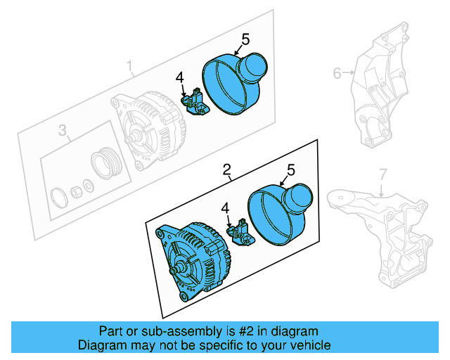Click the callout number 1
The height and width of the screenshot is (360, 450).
(x=130, y=67)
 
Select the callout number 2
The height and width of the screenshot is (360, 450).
(x=227, y=169)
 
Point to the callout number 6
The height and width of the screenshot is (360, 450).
(x=337, y=72)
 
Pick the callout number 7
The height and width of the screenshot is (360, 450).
(x=382, y=173)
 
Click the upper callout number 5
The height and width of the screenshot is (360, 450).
(x=245, y=39)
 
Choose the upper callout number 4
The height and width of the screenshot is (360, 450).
(x=180, y=77)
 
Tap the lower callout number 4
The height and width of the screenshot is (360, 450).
(x=225, y=207)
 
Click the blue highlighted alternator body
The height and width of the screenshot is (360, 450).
(x=193, y=260)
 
